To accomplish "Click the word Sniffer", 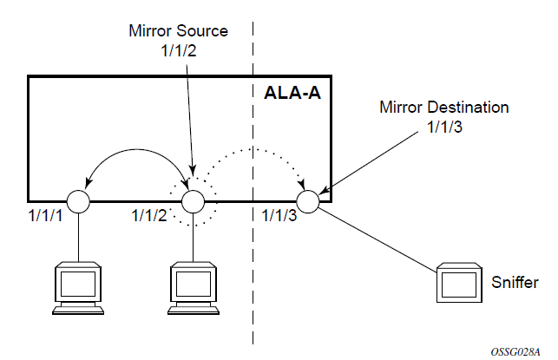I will click(514, 283).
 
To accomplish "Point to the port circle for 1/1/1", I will click(78, 201).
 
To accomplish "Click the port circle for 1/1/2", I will click(193, 201).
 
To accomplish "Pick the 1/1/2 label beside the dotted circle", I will click(149, 214).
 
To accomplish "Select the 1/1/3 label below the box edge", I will click(279, 214).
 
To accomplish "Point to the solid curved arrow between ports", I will click(135, 155).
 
